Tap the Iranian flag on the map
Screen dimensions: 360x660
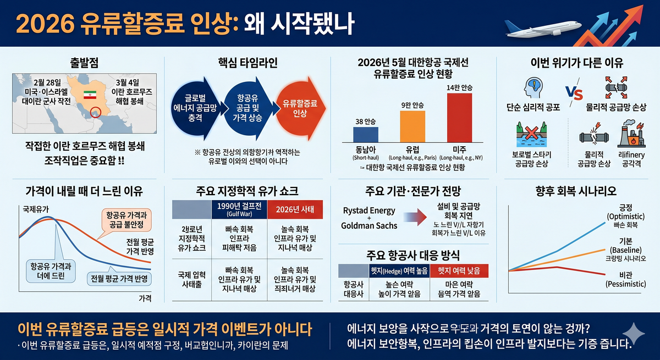90,95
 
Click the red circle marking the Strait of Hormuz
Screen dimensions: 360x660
97,112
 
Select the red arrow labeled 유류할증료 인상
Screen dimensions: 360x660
296,108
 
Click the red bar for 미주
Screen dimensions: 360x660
460,118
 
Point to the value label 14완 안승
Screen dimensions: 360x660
460,87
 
